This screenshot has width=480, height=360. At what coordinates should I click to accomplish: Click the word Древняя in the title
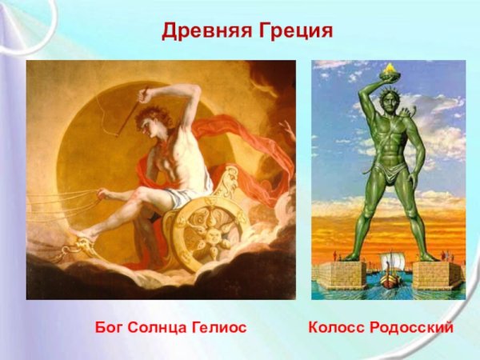point(207,31)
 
